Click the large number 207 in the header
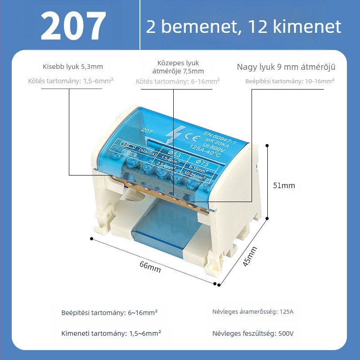pyautogui.click(x=73, y=27)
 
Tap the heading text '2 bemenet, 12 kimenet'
pyautogui.click(x=243, y=27)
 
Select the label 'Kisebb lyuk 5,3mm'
pyautogui.click(x=72, y=67)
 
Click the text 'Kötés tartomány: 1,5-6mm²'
pyautogui.click(x=71, y=81)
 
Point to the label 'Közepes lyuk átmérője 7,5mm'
pyautogui.click(x=178, y=67)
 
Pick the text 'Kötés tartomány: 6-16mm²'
pyautogui.click(x=178, y=81)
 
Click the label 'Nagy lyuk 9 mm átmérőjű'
pyautogui.click(x=286, y=67)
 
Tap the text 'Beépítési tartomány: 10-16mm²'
pyautogui.click(x=290, y=81)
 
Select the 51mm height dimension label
pyautogui.click(x=284, y=185)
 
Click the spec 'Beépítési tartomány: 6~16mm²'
pyautogui.click(x=109, y=313)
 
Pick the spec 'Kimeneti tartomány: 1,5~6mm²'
pyautogui.click(x=111, y=333)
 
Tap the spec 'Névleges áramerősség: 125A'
pyautogui.click(x=252, y=311)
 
